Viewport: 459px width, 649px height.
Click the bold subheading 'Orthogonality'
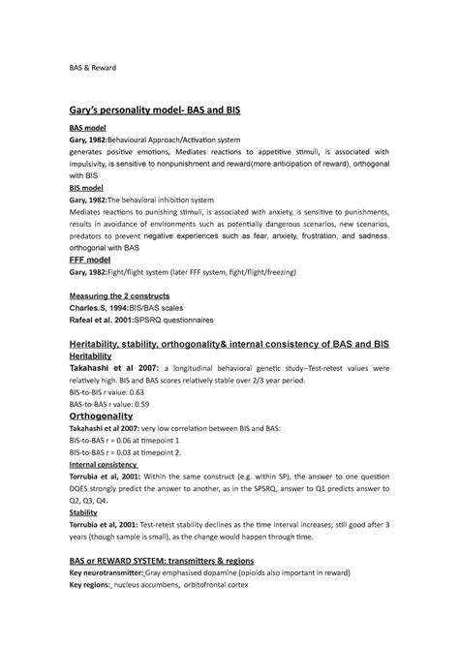[x=107, y=417]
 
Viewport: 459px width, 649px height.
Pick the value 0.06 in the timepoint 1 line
[x=132, y=440]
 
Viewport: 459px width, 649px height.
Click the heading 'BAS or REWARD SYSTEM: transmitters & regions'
[x=180, y=560]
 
